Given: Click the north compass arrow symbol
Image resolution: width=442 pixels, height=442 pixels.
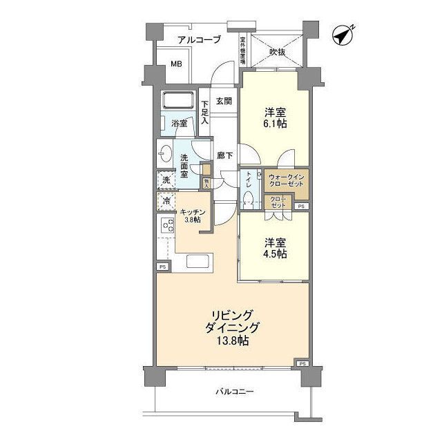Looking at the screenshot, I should point(343,34).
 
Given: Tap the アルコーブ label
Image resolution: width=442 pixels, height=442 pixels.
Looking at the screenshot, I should point(198,40).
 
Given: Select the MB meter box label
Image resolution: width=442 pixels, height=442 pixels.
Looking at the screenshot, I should point(177,65).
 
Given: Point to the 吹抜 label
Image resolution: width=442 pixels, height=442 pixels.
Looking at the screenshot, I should point(278,52).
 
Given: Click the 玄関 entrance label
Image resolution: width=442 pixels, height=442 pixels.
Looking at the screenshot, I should point(223,101).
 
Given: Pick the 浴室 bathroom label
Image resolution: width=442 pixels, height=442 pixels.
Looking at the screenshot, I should point(179,124).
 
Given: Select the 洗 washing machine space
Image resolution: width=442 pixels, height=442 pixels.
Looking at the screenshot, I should point(166,181).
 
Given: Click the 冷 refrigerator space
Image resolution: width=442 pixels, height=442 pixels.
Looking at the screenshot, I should point(166,202).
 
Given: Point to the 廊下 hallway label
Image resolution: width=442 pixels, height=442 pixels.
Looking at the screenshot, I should point(223,156).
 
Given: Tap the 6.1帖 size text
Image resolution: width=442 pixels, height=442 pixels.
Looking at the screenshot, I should point(274,124).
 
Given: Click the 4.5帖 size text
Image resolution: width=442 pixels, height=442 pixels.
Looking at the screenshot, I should point(274,254).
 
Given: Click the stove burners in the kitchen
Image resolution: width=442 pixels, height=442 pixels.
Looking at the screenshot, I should point(167,225).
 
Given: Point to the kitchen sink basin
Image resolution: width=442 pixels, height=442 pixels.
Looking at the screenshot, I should point(198,263).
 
